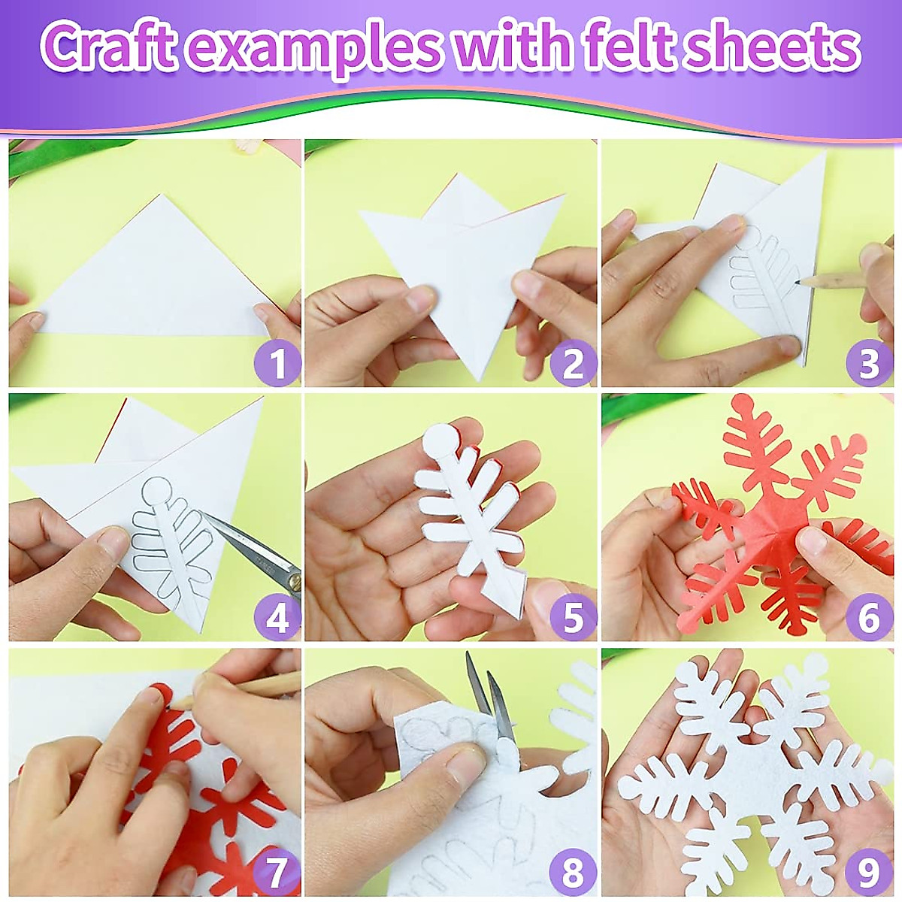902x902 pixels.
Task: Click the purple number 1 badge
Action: point(277,365)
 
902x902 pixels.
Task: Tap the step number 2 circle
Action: point(573,365)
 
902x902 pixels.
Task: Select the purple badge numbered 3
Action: point(868,365)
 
